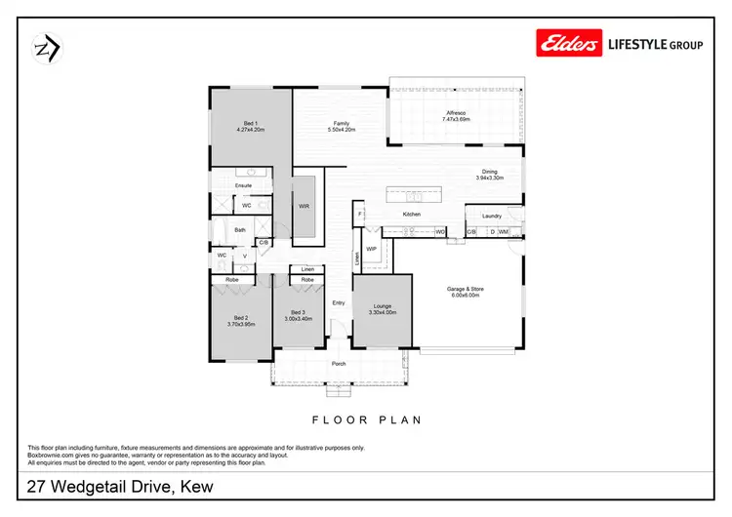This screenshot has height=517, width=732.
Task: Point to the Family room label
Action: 341,123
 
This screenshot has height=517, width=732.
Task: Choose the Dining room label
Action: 489,173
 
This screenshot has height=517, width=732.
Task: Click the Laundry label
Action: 491,216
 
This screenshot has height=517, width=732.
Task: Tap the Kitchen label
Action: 412,214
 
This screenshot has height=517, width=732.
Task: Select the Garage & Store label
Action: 466,290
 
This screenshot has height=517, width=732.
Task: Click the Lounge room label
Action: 382,306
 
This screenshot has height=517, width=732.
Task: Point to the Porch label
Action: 339,364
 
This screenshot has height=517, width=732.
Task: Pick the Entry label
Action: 339,302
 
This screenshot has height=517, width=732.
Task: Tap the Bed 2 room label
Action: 241,318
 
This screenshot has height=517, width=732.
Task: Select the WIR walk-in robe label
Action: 304,206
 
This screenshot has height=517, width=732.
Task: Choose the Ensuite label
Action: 244,184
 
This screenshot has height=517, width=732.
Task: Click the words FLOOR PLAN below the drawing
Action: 365,419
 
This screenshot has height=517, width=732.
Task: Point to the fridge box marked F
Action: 359,214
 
